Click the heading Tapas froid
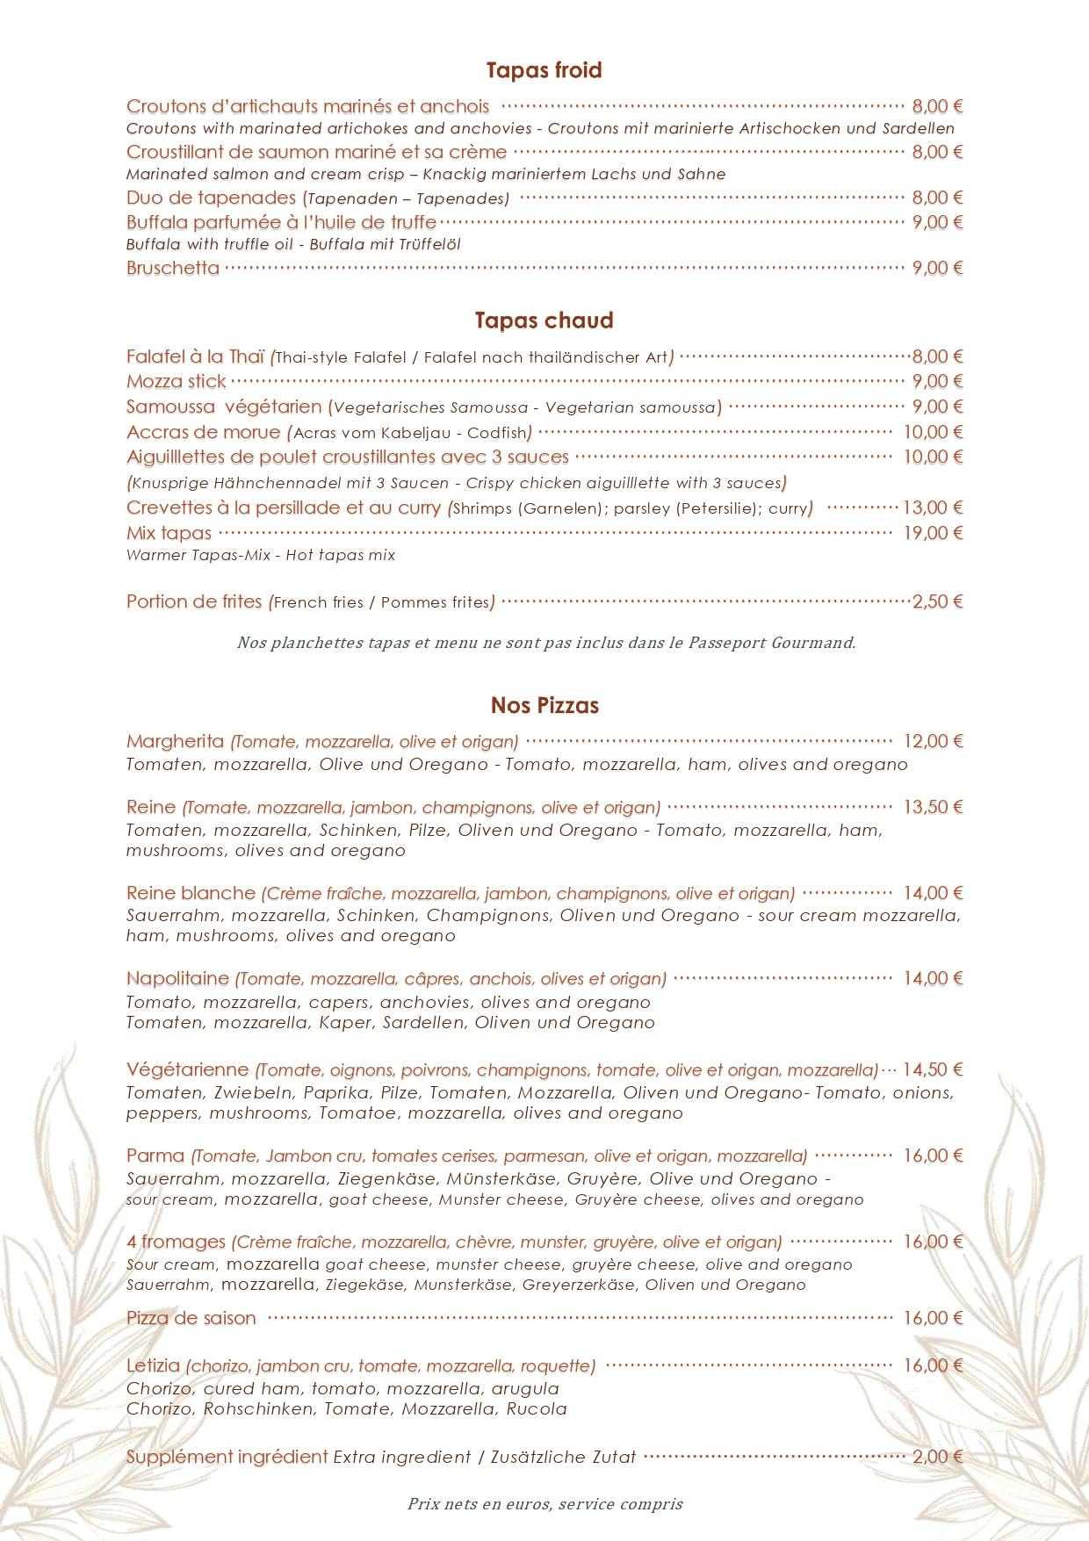coord(544,70)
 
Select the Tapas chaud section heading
coord(544,320)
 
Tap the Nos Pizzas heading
coord(544,705)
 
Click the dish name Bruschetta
coord(173,268)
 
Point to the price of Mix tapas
coord(933,532)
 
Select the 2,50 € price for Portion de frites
coord(937,601)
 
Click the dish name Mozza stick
coord(177,381)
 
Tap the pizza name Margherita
coord(175,741)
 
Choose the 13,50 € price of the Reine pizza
coord(933,807)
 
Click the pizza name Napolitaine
coord(177,978)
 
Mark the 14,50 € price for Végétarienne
coord(933,1069)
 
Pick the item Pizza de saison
coord(191,1318)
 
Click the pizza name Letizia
coord(153,1365)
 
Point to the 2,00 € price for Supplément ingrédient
coord(937,1457)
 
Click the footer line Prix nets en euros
coord(544,1503)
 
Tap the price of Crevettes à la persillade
coord(933,508)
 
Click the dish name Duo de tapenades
coord(211,198)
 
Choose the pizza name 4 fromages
coord(177,1242)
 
